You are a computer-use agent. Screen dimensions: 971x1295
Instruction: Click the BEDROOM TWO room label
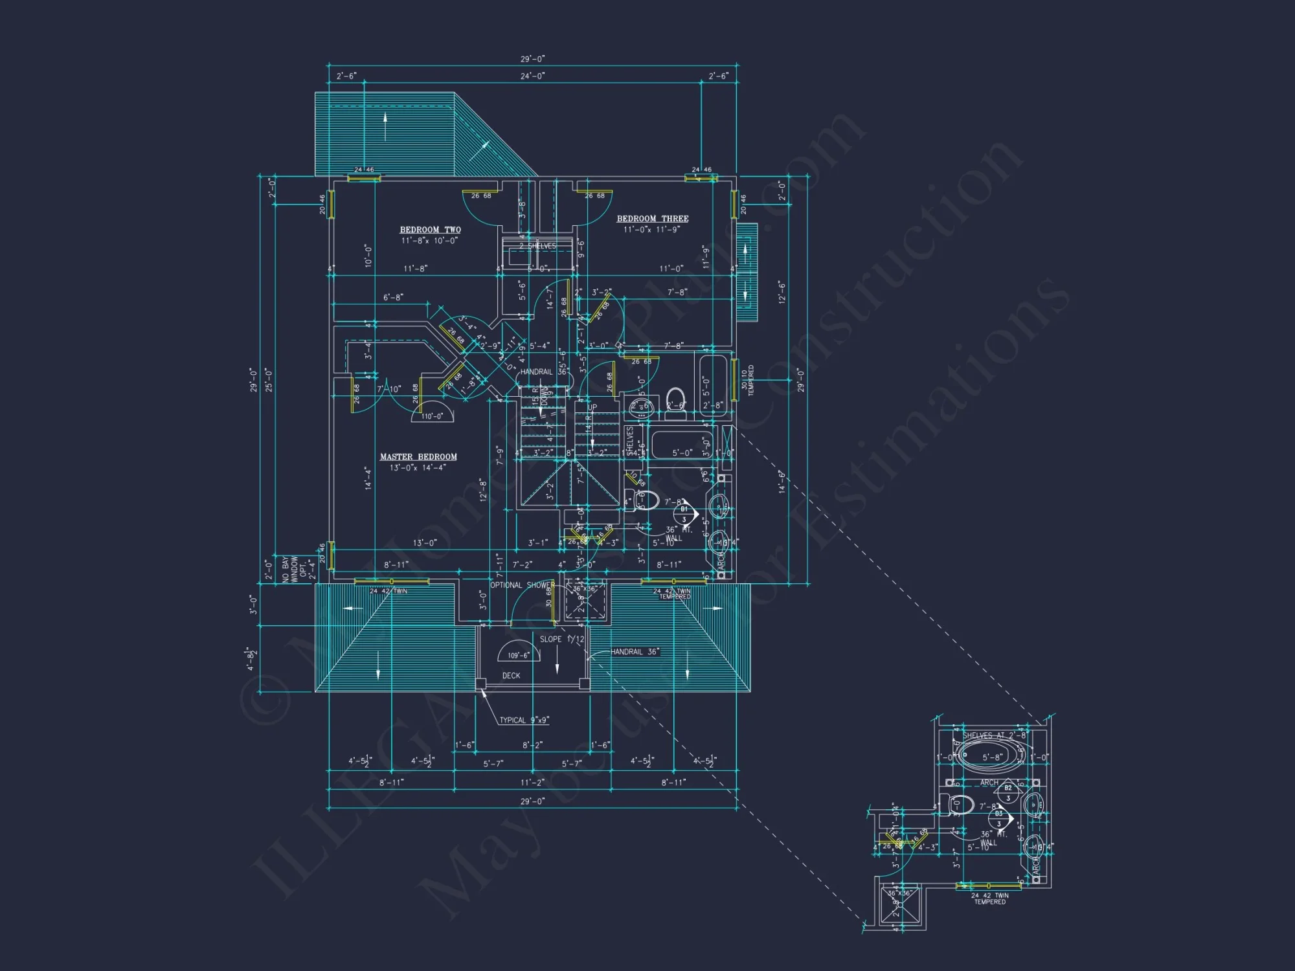[430, 230]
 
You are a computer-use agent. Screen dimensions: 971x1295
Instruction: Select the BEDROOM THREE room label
[652, 219]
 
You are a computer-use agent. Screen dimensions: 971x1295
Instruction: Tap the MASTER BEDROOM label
[418, 457]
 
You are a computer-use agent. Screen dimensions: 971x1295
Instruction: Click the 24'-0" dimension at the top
[532, 76]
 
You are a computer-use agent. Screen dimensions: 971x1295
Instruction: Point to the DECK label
[511, 676]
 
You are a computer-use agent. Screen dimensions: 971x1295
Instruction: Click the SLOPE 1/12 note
[561, 639]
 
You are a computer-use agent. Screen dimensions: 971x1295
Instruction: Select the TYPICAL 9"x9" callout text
[524, 720]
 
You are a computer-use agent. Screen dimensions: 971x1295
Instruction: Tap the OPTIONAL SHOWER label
[522, 585]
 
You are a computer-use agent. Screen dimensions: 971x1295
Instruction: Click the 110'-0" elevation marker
[432, 416]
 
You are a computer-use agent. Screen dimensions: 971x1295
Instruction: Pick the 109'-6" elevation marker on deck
[518, 654]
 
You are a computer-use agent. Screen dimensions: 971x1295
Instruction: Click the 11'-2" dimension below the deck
[532, 782]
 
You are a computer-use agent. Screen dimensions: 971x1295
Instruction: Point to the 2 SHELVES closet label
[537, 246]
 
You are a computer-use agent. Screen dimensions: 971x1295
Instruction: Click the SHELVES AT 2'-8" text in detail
[993, 735]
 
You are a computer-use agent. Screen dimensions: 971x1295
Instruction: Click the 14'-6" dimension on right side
[782, 482]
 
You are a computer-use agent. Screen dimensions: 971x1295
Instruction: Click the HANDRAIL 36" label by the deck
[635, 652]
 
